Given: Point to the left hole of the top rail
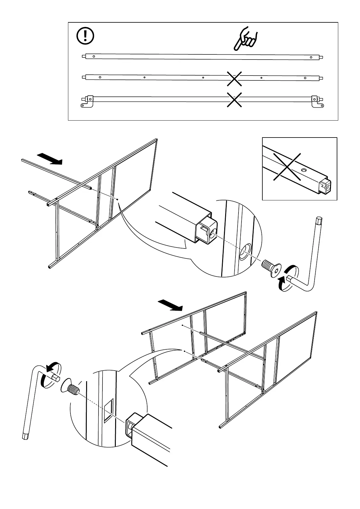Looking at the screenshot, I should click(94, 56).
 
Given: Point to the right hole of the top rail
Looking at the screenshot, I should click(311, 57).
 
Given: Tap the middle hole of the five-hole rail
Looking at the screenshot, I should click(203, 77).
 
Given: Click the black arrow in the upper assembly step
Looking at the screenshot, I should click(49, 159).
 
